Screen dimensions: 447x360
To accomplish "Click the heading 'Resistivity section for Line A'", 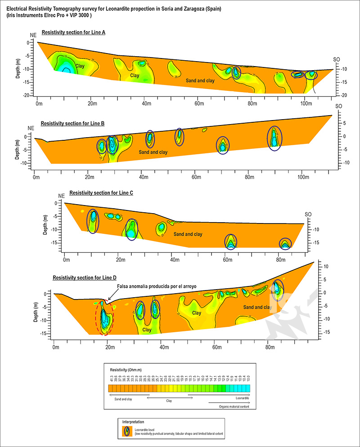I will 73,32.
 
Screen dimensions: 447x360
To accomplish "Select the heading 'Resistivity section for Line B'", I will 72,123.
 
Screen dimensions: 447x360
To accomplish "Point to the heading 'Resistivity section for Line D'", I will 85,278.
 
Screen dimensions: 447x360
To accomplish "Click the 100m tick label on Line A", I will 305,103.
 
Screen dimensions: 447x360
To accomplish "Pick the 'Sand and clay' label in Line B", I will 153,152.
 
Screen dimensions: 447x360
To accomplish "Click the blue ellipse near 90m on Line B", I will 275,139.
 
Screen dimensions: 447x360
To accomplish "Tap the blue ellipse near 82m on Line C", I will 285,244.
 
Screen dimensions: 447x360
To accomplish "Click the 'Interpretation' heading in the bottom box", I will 133,422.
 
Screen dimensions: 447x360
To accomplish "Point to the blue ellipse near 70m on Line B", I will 222,145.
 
